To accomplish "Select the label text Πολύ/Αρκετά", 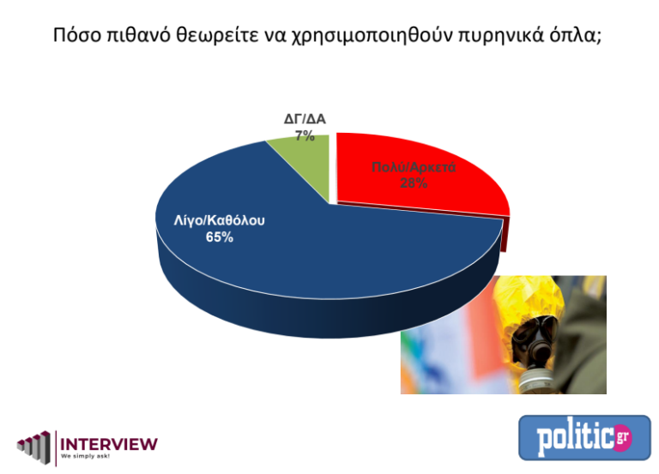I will point(413,167).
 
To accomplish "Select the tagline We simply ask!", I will point(86,459).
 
